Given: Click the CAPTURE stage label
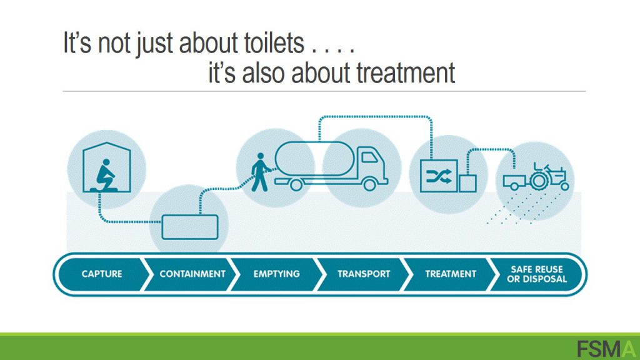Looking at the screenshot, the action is click(x=102, y=274).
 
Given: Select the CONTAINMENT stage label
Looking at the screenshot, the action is click(x=192, y=274).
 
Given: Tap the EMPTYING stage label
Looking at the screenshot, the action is click(x=276, y=274).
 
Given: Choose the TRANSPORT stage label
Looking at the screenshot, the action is click(x=364, y=274).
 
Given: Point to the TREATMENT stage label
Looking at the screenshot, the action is click(x=451, y=274).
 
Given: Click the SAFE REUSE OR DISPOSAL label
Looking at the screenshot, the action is click(x=537, y=274).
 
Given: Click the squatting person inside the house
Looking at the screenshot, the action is click(x=105, y=175).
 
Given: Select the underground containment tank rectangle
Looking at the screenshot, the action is click(x=190, y=227).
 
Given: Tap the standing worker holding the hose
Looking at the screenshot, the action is click(x=261, y=172).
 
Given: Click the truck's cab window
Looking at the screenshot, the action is click(x=370, y=157).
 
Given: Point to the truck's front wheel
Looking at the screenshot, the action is click(x=370, y=185).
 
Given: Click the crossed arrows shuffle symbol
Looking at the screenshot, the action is click(x=439, y=176).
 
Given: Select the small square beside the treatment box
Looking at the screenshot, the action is click(x=467, y=184).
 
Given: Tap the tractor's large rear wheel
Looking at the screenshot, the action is click(x=539, y=181).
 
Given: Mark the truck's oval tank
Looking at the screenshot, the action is click(x=315, y=158).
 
